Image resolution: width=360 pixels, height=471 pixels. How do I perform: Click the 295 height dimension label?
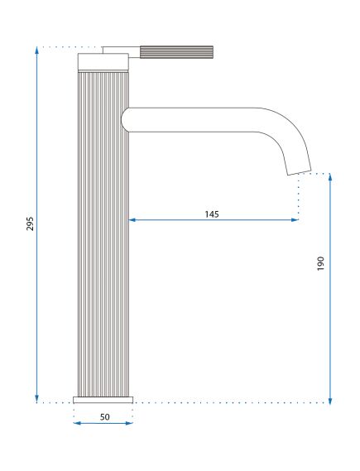point(30,224)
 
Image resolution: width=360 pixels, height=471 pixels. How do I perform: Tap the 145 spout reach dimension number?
point(212,214)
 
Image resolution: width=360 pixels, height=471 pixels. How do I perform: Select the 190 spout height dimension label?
point(321,263)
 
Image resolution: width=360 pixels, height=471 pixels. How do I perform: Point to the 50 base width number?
point(105,416)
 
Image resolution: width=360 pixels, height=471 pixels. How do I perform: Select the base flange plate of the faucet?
point(103,400)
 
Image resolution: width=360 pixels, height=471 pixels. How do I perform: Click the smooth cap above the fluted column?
point(103,61)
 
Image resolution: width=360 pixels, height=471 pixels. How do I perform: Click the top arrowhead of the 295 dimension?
point(37,51)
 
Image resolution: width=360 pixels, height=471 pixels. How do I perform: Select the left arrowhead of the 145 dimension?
point(132,220)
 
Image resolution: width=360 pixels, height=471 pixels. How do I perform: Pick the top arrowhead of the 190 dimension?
point(330,178)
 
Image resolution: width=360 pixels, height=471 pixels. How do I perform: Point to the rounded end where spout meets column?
point(124,119)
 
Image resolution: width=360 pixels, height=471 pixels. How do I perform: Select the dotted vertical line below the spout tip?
point(298,195)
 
